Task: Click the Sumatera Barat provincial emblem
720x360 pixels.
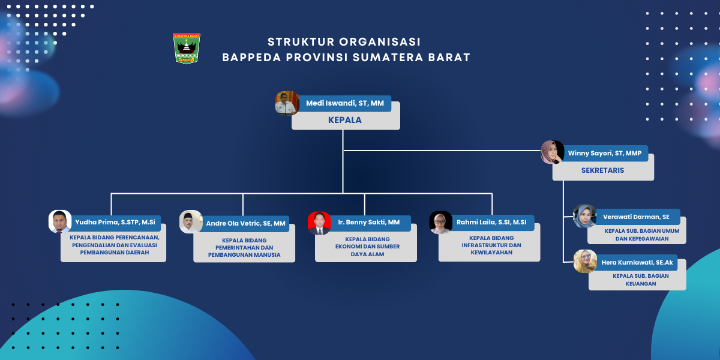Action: click(187, 49)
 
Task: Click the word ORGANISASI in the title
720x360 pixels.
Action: click(380, 42)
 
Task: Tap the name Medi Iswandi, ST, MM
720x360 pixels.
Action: click(345, 103)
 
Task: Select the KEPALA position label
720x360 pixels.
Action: click(345, 120)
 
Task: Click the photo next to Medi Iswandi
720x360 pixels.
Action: click(287, 103)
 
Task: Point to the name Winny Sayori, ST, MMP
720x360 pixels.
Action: click(605, 154)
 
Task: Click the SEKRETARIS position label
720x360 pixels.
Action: click(602, 170)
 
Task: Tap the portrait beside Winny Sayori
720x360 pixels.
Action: click(552, 152)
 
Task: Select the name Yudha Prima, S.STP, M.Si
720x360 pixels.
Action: click(115, 222)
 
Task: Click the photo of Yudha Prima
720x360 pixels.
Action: click(60, 221)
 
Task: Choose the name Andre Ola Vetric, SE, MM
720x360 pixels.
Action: click(245, 223)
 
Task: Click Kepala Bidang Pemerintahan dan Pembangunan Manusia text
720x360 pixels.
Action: click(244, 247)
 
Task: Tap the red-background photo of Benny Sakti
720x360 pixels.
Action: click(319, 223)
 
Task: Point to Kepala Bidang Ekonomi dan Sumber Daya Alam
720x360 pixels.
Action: click(367, 247)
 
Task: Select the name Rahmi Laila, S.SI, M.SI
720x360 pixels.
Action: click(491, 222)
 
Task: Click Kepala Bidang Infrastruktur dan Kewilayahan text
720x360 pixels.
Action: click(491, 245)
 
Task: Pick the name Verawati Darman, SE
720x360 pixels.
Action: click(636, 217)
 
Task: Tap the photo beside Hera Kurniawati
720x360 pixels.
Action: click(586, 262)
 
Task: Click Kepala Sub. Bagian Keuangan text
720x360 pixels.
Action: click(641, 280)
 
